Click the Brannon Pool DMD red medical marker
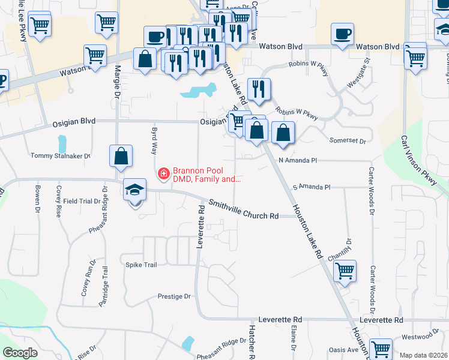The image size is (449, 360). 163,174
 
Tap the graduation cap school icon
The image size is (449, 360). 134,190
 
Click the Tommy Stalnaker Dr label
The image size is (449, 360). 60,156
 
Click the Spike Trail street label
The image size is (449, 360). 141,265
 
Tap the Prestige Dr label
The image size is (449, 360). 173,296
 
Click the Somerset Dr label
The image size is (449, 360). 348,140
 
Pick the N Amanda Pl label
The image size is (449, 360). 297,161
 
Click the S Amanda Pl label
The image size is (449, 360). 312,187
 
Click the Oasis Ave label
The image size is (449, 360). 343,350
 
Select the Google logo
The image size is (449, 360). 20,352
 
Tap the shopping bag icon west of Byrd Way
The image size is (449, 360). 121,156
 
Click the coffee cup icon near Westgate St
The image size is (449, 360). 342,34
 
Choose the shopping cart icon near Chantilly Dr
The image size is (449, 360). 345,271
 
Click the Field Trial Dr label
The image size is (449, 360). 82,201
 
